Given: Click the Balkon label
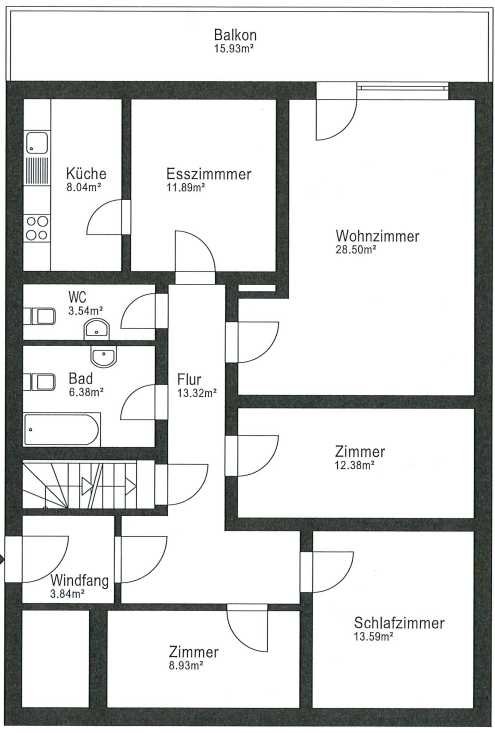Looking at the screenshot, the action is (x=235, y=35).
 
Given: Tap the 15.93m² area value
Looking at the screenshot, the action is (x=234, y=49).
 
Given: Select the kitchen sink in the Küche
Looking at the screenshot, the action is (x=37, y=143).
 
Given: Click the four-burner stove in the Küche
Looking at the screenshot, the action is (x=37, y=228).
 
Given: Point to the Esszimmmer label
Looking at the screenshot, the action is (x=208, y=174).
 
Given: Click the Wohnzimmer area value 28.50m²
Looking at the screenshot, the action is (x=356, y=250).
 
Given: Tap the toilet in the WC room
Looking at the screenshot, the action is (x=40, y=316).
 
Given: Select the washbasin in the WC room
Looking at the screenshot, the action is (x=96, y=331).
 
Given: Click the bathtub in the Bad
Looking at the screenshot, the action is (x=61, y=430).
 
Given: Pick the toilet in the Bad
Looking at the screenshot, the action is (x=40, y=382).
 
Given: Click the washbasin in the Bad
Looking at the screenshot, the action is (x=104, y=357).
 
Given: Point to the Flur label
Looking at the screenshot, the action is (x=189, y=379).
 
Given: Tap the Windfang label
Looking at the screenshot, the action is (x=79, y=581).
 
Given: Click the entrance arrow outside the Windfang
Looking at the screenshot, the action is (x=3, y=559).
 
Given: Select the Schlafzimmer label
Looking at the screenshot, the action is (x=399, y=623).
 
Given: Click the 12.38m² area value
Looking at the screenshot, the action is (x=354, y=465).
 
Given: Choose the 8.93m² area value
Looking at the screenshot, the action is (x=186, y=665).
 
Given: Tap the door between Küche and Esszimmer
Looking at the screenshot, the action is (x=108, y=217).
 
